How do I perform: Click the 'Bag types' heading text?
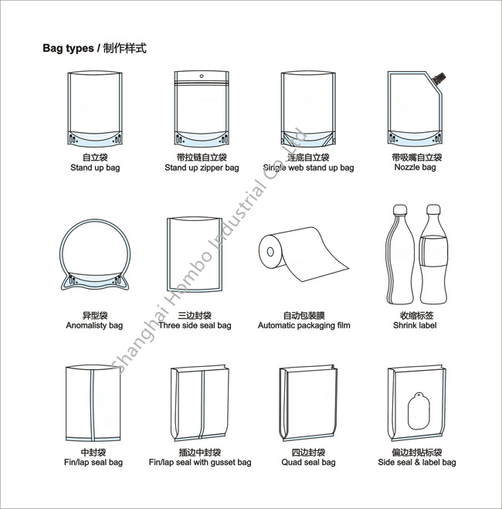click(x=67, y=49)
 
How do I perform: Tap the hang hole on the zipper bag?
click(x=202, y=76)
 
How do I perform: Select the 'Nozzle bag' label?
click(x=415, y=168)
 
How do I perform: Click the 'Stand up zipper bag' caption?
click(x=202, y=168)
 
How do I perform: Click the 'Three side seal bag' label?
click(x=195, y=326)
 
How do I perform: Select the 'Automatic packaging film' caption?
click(x=304, y=326)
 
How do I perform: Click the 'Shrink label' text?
click(x=415, y=326)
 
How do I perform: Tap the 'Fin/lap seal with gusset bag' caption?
click(x=200, y=463)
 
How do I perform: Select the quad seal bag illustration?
click(x=307, y=402)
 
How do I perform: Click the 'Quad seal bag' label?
click(x=307, y=463)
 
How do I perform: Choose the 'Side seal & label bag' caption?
click(x=416, y=463)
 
